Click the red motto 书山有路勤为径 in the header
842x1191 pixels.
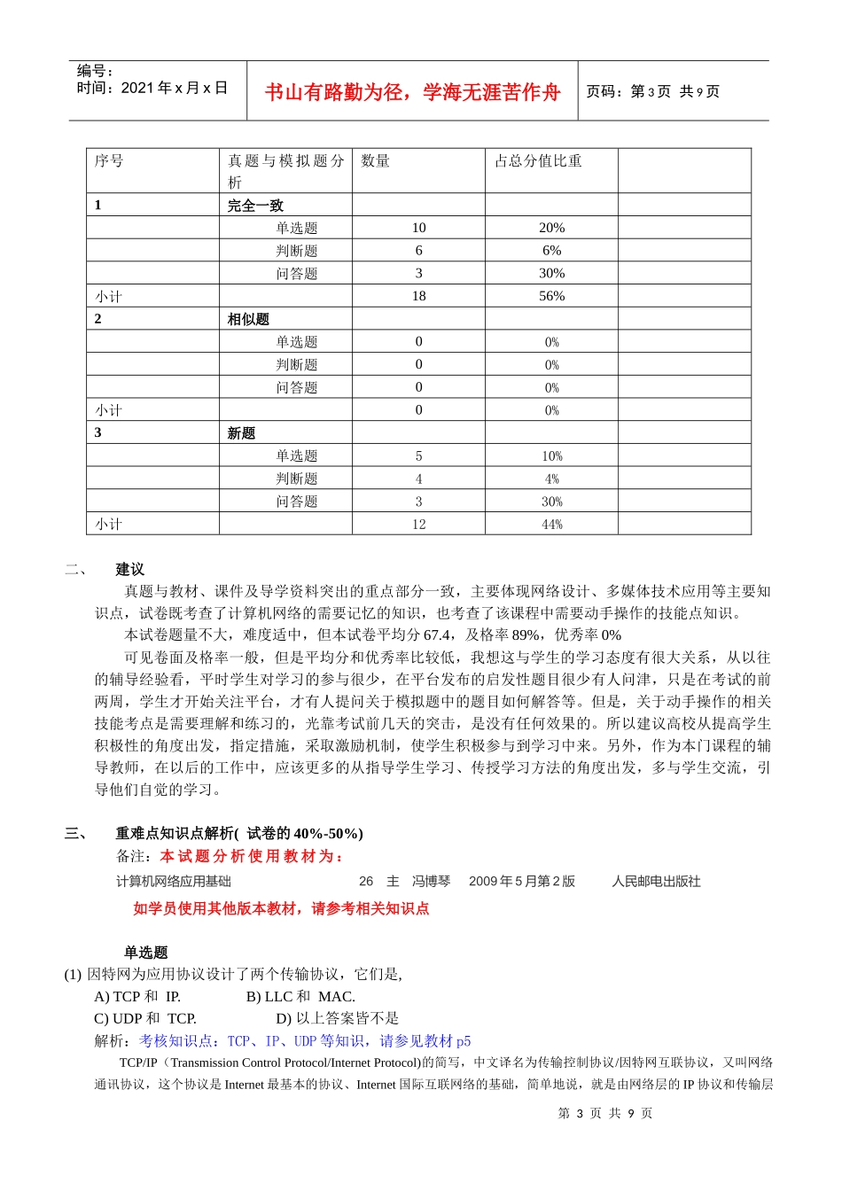click(x=412, y=92)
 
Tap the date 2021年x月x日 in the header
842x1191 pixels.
click(x=174, y=88)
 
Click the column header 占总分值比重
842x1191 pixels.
click(x=538, y=160)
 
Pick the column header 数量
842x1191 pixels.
click(x=375, y=160)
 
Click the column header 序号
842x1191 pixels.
click(x=109, y=160)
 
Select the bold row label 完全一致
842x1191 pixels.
click(x=255, y=206)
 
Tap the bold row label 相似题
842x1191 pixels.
click(x=248, y=319)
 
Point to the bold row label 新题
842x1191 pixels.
click(x=241, y=433)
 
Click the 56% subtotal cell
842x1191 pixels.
click(x=551, y=296)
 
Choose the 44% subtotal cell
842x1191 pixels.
click(x=551, y=525)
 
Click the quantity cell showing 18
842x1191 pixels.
click(x=418, y=296)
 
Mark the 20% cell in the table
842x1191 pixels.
click(x=551, y=228)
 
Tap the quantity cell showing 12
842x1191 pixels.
click(x=418, y=525)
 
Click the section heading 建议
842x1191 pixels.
click(x=129, y=569)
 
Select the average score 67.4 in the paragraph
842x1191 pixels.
click(x=437, y=635)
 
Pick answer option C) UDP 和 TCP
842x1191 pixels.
click(x=145, y=1018)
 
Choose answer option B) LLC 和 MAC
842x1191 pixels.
click(x=300, y=996)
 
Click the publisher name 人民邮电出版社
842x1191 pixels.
click(x=656, y=881)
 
